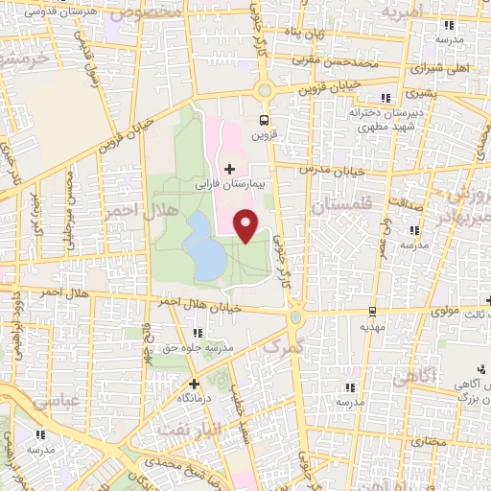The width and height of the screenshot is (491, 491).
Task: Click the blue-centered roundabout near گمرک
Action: [295, 317]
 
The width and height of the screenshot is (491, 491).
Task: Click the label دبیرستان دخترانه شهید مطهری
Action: [389, 118]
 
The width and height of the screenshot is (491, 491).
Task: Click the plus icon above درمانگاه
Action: [194, 382]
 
